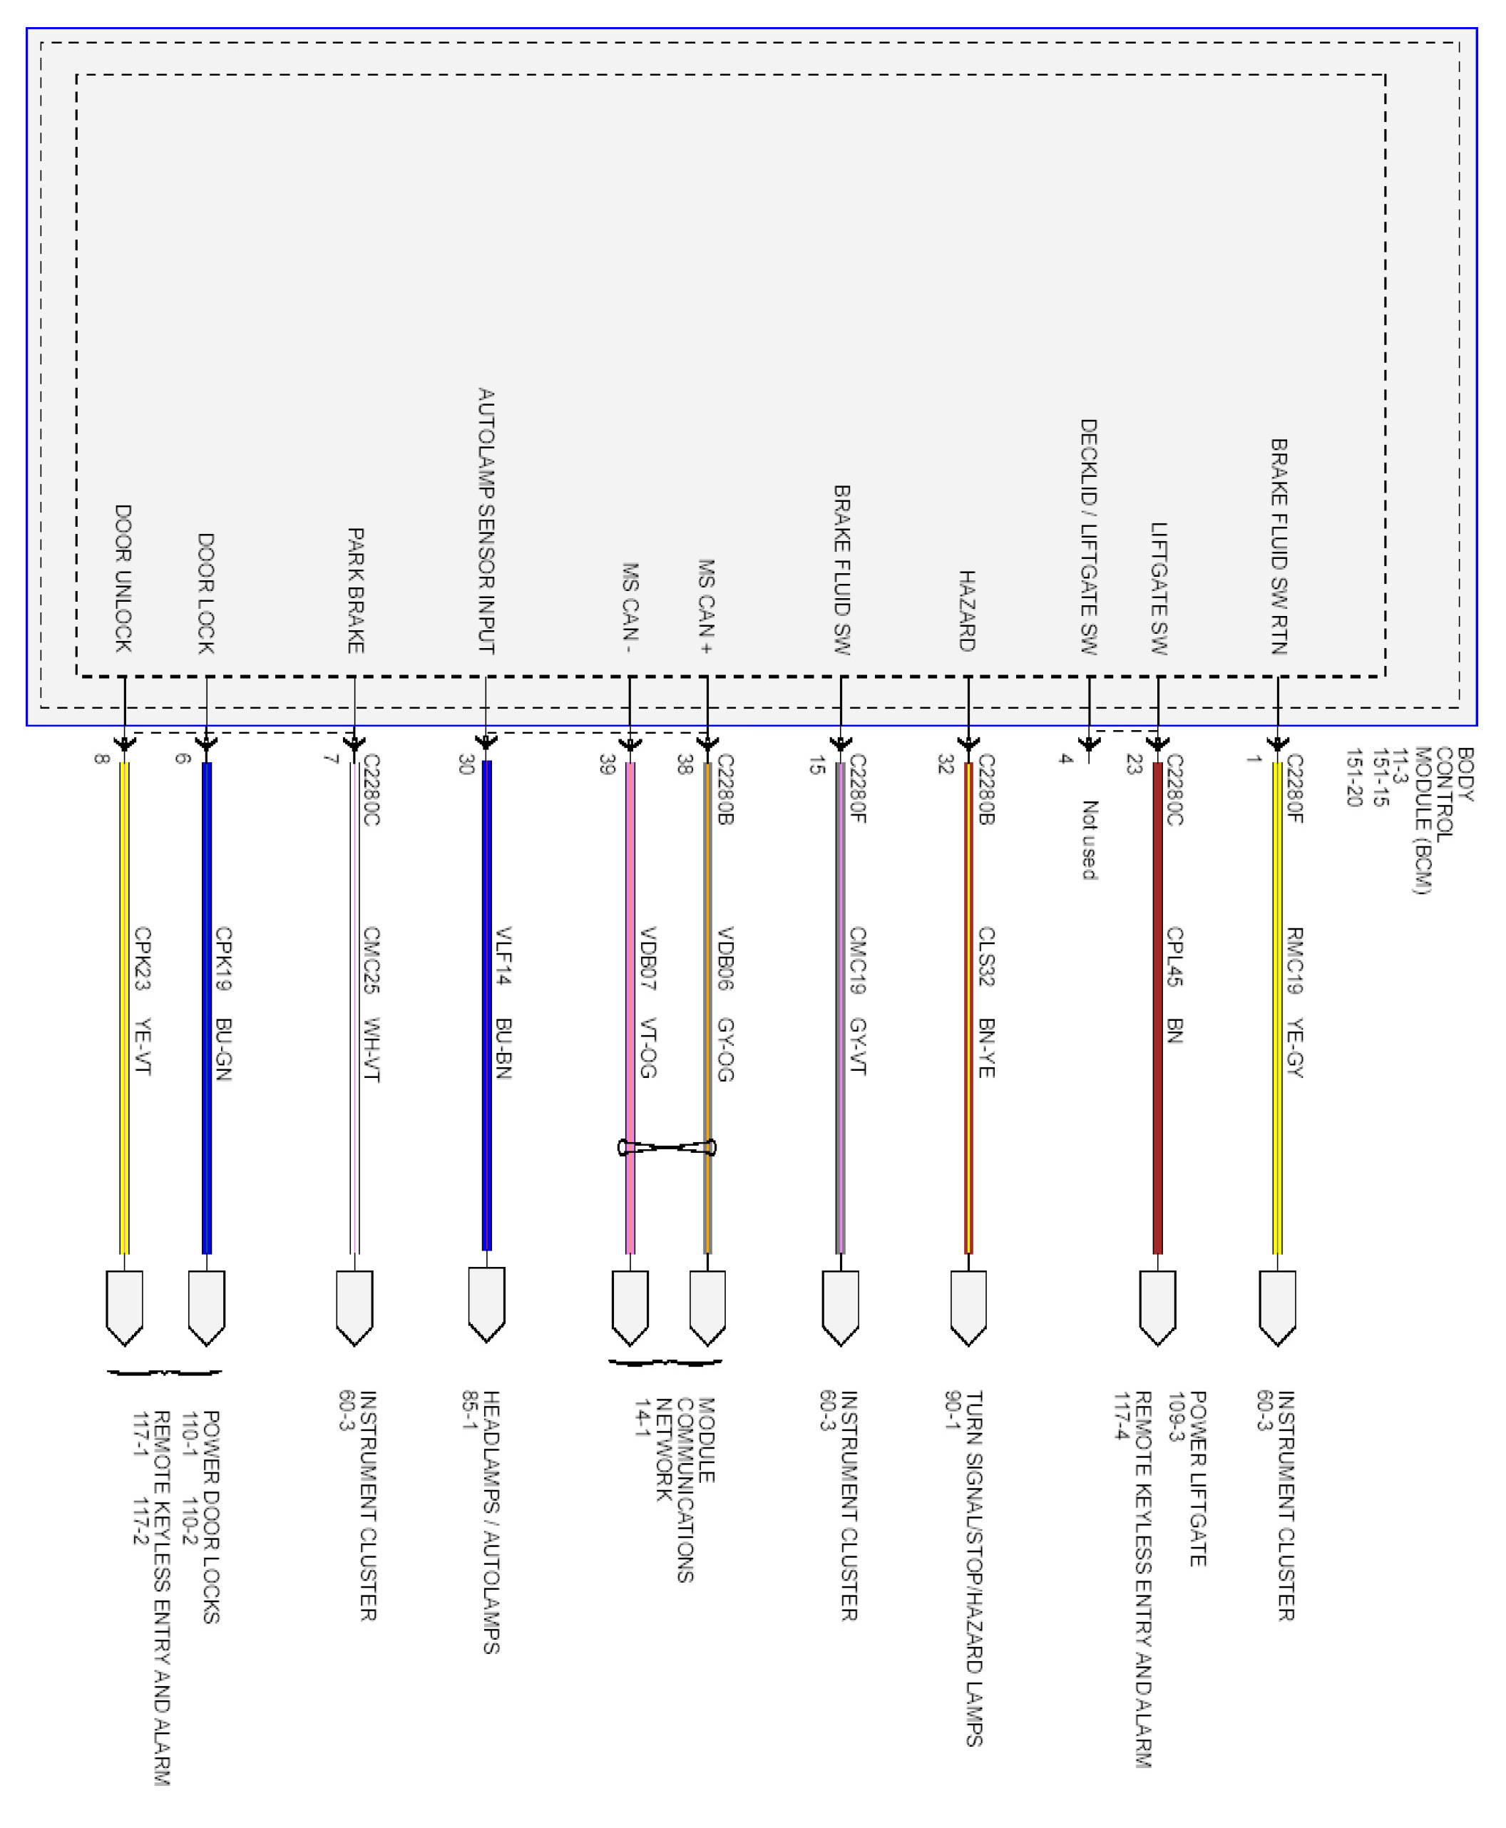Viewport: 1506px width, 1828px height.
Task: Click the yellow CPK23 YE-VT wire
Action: [x=124, y=1006]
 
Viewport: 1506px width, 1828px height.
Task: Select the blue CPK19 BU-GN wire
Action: [x=207, y=1006]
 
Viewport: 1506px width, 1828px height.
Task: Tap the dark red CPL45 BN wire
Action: [x=1157, y=1006]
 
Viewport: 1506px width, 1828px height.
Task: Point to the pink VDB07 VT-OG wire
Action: [x=630, y=1006]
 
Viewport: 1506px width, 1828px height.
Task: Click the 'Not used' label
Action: [x=1090, y=839]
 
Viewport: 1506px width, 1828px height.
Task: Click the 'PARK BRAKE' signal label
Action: [x=355, y=590]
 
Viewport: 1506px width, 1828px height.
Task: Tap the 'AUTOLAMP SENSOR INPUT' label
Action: [x=486, y=520]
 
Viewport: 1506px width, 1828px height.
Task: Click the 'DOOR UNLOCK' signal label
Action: [x=123, y=578]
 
